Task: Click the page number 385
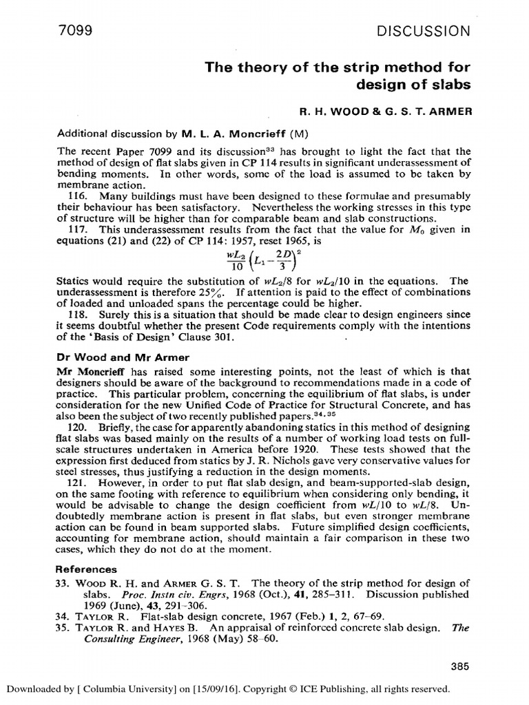(x=459, y=666)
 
